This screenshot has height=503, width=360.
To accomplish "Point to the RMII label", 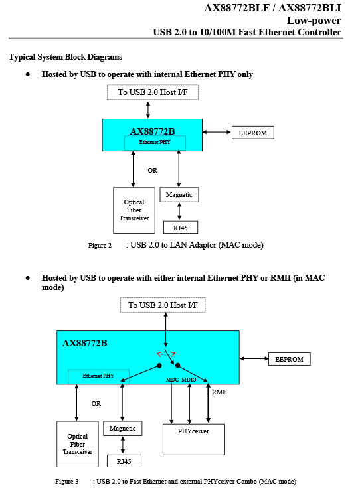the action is point(219,392).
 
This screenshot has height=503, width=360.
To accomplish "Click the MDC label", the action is point(172,380).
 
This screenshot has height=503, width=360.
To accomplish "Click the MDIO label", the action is point(189,380).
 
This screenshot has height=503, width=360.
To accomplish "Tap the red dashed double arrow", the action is point(165,354).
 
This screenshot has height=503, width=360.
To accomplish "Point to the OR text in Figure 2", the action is point(153,171).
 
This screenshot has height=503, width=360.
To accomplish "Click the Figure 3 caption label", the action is point(67,482).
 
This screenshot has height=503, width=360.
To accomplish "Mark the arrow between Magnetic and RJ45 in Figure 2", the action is point(179,212).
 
